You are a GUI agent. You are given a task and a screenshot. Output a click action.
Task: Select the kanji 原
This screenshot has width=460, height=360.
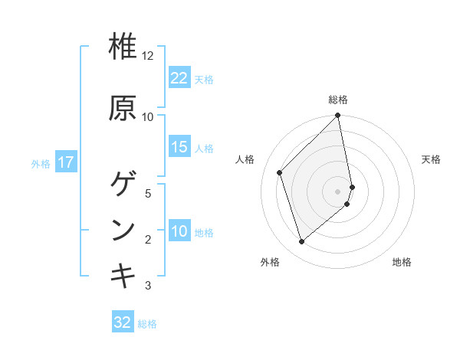click(123, 108)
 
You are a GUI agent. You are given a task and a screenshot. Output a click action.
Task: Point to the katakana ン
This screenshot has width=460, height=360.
click(123, 231)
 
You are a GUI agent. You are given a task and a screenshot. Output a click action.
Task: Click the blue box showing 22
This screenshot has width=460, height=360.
click(179, 78)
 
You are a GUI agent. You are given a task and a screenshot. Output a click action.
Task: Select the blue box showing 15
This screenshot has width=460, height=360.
click(179, 147)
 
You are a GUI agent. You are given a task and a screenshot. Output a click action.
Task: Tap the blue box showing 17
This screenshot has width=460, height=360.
click(66, 162)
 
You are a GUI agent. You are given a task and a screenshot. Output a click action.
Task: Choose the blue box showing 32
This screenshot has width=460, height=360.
click(123, 322)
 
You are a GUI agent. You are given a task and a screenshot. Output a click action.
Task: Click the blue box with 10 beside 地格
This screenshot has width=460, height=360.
click(179, 232)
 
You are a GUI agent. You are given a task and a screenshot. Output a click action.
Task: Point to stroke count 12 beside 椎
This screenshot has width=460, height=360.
click(148, 56)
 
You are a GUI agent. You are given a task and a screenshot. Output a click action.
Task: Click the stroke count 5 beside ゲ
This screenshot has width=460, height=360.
click(148, 193)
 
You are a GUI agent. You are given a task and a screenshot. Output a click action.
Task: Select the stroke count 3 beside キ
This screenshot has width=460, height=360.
click(148, 286)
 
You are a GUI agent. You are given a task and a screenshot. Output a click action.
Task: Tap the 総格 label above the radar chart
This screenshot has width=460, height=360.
click(338, 100)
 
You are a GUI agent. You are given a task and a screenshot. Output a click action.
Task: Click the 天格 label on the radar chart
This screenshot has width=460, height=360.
click(431, 159)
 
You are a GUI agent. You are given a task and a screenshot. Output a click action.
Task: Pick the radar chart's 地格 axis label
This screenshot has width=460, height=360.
click(402, 262)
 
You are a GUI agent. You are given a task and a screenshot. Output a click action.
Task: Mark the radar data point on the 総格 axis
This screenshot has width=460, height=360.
click(338, 116)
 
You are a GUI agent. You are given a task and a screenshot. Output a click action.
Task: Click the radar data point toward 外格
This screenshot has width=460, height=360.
click(301, 242)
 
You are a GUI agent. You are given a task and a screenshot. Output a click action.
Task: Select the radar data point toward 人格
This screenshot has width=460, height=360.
click(280, 172)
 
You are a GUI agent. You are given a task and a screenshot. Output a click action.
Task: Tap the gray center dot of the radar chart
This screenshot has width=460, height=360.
click(338, 191)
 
